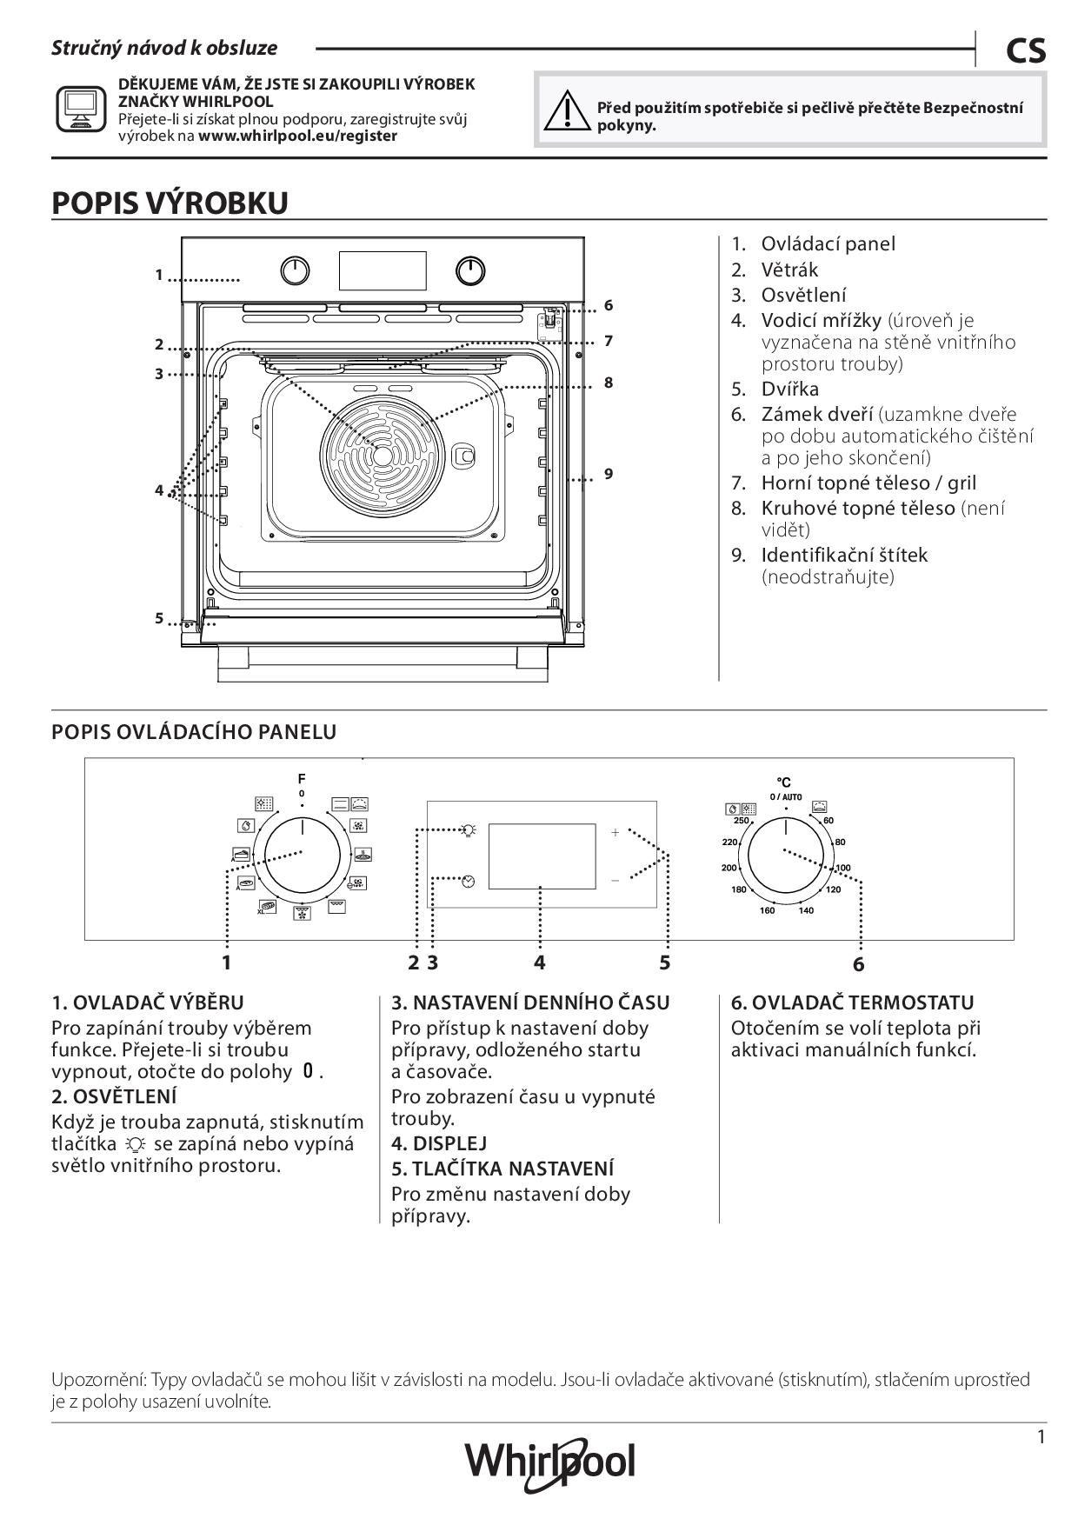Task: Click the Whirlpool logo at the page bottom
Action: coord(550,1461)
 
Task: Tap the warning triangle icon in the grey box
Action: coord(564,111)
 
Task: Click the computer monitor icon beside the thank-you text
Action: coord(81,110)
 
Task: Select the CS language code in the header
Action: coord(1026,51)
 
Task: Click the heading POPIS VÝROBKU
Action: coord(170,203)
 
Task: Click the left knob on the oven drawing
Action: coord(296,271)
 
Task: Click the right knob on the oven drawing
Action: coord(470,271)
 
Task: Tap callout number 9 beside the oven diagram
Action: coord(609,474)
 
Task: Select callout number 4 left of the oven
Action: coord(159,490)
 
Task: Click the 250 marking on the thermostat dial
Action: coord(741,821)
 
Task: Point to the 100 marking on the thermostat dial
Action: coord(843,868)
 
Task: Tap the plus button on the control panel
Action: coord(615,832)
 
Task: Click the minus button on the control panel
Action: coord(615,880)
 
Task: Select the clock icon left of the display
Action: coord(469,881)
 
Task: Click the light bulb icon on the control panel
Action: coord(469,829)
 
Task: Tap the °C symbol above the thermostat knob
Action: coord(784,782)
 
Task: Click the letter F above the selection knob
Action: coord(302,778)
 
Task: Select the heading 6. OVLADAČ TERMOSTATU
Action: coord(852,1002)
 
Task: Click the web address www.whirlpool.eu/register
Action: coord(297,136)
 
